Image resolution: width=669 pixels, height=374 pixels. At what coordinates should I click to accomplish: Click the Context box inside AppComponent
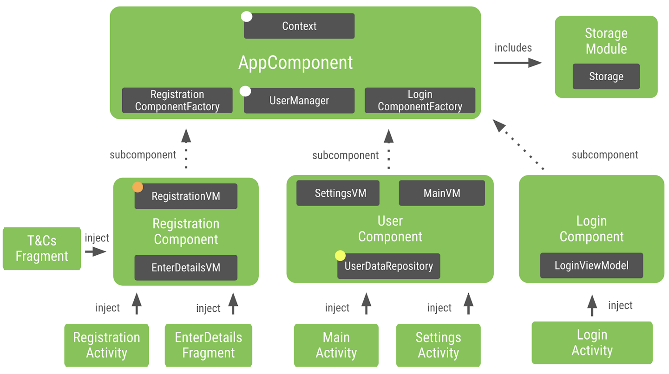[299, 26]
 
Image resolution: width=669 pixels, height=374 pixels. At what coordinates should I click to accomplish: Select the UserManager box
[299, 101]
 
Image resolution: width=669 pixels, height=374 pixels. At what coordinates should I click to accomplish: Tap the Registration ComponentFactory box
[177, 101]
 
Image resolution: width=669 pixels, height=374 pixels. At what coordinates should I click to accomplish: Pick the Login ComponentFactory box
[420, 101]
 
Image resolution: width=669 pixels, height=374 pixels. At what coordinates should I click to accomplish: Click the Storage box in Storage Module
[606, 77]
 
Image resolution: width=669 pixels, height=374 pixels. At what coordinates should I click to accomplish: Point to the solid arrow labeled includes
[518, 63]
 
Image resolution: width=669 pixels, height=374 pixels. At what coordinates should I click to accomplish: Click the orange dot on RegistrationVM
[138, 187]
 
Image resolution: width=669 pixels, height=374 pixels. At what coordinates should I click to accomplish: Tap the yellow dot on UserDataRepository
[340, 255]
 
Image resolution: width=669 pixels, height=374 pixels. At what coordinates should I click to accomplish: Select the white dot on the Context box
[246, 17]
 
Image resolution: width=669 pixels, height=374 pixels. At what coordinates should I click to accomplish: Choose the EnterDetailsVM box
[186, 268]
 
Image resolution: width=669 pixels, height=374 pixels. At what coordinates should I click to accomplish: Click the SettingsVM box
[338, 193]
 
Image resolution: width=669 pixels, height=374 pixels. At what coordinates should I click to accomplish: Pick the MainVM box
[442, 193]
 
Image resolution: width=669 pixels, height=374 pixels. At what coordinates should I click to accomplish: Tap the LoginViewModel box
[591, 265]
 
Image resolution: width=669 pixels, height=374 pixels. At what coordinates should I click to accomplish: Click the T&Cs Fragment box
[42, 249]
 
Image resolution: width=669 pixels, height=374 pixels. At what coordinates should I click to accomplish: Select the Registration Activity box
[106, 345]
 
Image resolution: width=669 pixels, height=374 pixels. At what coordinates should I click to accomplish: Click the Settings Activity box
[438, 345]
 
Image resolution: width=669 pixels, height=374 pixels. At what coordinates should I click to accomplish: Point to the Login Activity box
[592, 342]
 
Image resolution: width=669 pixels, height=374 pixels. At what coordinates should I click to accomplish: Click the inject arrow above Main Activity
[366, 304]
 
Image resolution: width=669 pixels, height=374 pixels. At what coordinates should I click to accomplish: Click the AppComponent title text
[295, 63]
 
